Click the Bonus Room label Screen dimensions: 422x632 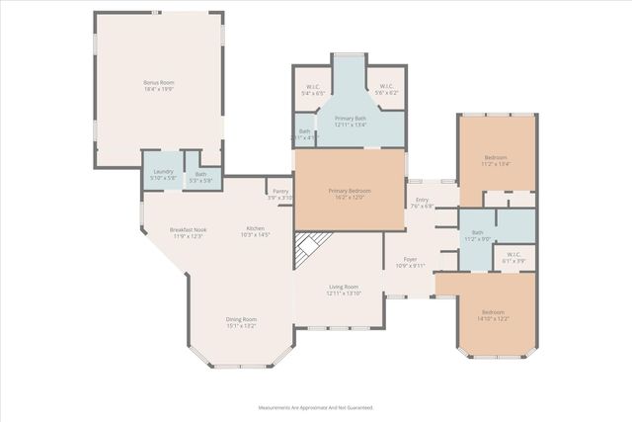click(x=158, y=85)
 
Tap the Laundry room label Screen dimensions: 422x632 click(x=163, y=175)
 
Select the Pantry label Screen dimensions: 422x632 click(x=280, y=194)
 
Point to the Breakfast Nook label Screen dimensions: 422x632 click(x=188, y=232)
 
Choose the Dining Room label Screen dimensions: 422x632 click(x=241, y=322)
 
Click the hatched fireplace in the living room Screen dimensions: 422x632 click(x=309, y=250)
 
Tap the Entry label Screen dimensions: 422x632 click(x=422, y=203)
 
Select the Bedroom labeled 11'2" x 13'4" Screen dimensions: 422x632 click(x=496, y=160)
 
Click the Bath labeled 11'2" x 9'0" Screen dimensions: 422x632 click(x=478, y=235)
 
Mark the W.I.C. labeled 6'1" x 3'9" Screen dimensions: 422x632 click(x=513, y=258)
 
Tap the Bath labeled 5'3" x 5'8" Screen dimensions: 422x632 click(x=199, y=177)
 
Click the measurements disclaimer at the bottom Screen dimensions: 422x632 click(x=315, y=407)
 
